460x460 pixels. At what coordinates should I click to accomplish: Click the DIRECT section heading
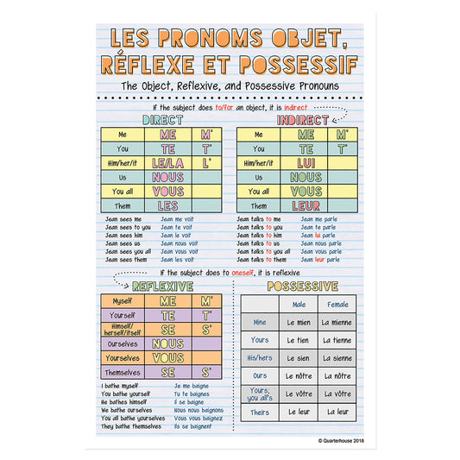(161, 120)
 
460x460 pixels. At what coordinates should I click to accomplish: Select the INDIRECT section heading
(303, 120)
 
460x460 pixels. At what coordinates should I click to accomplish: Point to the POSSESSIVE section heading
(302, 286)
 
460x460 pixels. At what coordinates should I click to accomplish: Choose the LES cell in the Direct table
(167, 205)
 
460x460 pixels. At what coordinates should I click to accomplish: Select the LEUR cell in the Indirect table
(306, 205)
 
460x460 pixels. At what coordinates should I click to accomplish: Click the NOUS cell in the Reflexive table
(167, 343)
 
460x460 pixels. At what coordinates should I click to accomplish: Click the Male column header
(299, 305)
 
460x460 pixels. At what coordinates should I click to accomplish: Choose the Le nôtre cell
(299, 375)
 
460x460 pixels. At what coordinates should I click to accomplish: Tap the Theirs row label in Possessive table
(260, 412)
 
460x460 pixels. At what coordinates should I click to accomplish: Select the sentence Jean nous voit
(179, 243)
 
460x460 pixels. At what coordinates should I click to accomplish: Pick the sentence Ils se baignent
(192, 426)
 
